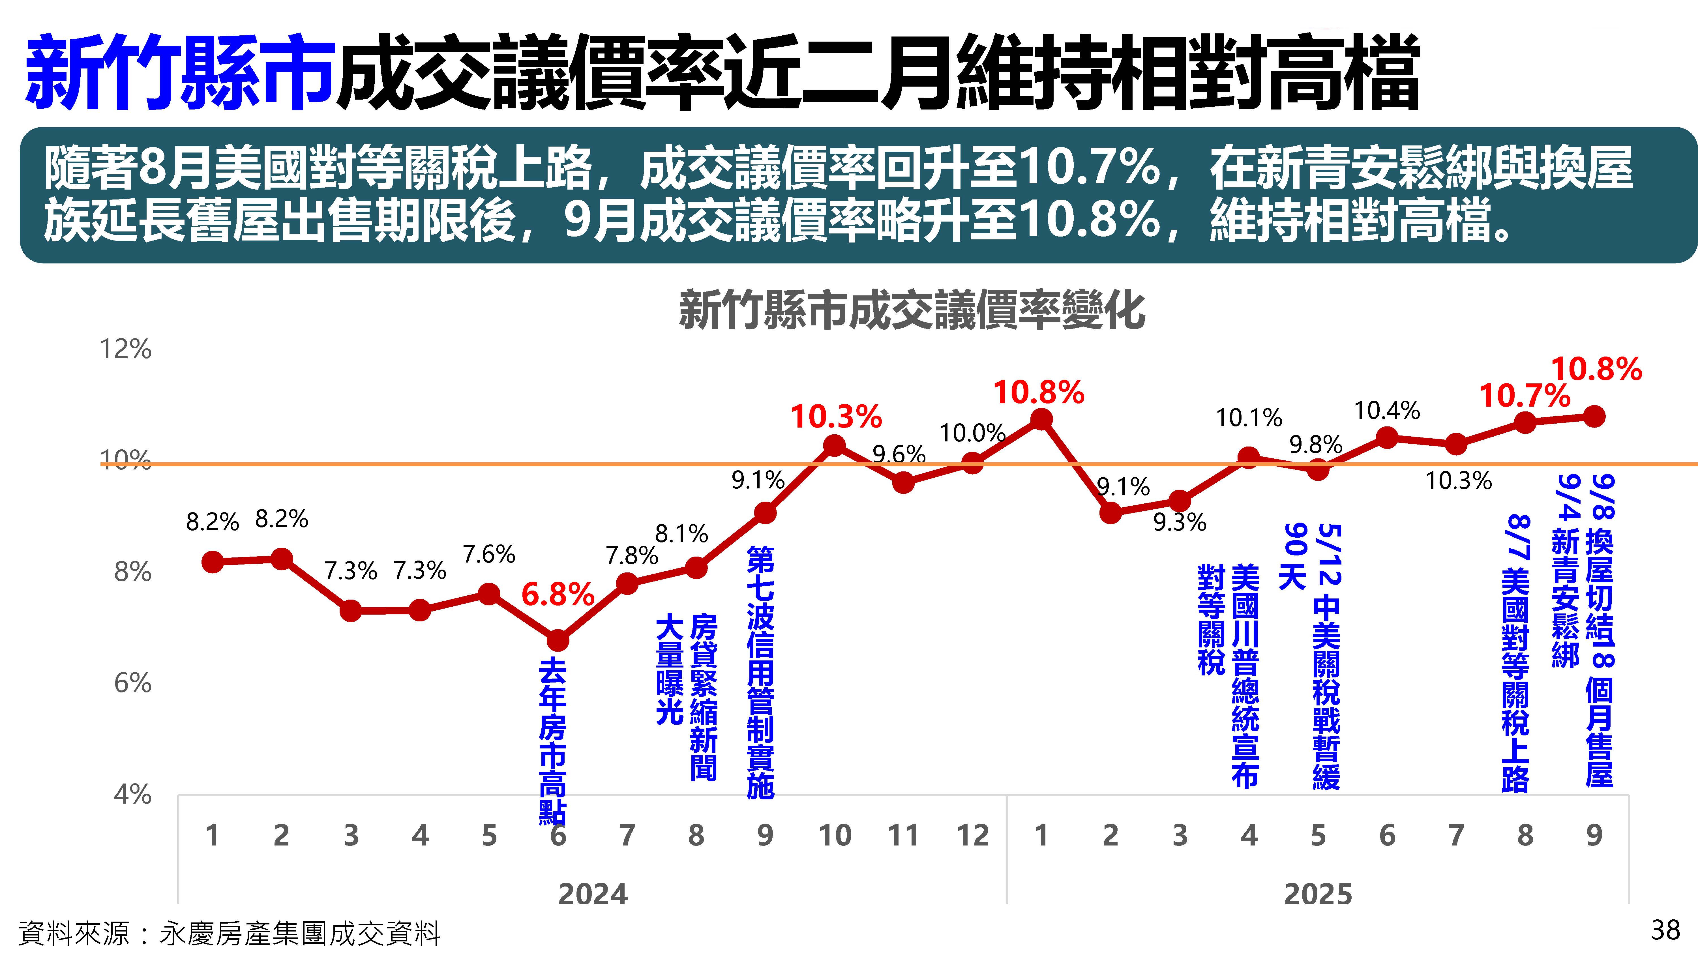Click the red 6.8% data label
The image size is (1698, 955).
pyautogui.click(x=558, y=595)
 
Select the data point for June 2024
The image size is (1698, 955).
pyautogui.click(x=558, y=640)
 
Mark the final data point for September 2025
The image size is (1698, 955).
pyautogui.click(x=1594, y=417)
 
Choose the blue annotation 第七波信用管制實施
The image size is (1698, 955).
pyautogui.click(x=761, y=672)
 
